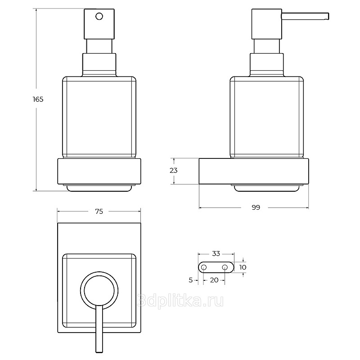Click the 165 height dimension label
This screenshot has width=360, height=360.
pos(38,99)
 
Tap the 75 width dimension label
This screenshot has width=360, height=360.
pos(99,211)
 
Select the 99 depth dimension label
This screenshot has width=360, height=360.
pos(256,207)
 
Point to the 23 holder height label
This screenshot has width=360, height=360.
pos(174,171)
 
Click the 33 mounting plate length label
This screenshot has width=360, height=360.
pos(216,254)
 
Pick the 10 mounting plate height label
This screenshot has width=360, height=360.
pos(243,267)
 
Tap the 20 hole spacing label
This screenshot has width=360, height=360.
pos(214,280)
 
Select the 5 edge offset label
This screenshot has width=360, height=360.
pos(190,280)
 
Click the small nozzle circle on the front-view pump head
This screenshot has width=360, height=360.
pos(99,17)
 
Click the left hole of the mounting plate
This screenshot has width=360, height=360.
pos(204,267)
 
